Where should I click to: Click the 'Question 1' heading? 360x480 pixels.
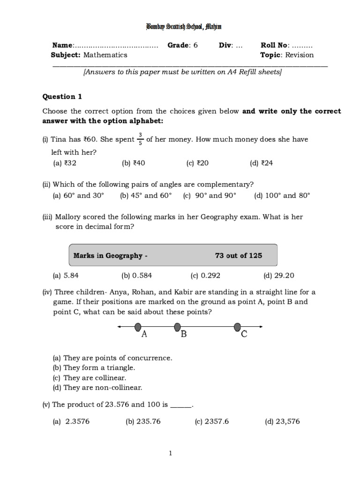[x=62, y=97]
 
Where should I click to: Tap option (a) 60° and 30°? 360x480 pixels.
[x=78, y=195]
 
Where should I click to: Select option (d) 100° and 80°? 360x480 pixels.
[x=282, y=195]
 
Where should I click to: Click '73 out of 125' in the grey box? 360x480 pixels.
[x=238, y=255]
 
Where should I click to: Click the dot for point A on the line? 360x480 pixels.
[x=138, y=326]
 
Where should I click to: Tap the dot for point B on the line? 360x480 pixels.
[x=177, y=326]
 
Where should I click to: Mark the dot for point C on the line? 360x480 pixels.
[x=238, y=326]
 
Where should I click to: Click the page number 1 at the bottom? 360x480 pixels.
[x=171, y=453]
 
